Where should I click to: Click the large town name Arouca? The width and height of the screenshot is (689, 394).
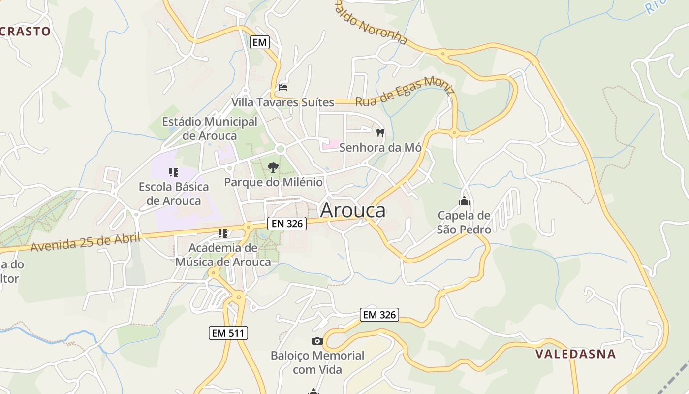coord(353,210)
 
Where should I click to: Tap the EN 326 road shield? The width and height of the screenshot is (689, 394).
coord(287,224)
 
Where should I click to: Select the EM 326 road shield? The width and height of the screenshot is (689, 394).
coord(379,315)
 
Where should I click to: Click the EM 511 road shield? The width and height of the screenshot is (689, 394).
coord(228,333)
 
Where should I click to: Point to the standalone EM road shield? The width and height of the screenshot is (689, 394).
coord(259,42)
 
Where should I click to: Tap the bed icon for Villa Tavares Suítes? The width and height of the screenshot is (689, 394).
coord(283,87)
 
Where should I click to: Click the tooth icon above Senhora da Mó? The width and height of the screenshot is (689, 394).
coord(380,132)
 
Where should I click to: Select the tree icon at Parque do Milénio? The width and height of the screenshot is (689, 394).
coord(273,167)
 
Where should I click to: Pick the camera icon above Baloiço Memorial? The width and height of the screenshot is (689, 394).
coord(317,341)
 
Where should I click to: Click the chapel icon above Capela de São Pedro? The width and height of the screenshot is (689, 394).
coord(464,201)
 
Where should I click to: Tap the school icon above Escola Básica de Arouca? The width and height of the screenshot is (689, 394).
coord(173,172)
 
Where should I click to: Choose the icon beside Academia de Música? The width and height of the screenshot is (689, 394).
coord(223,233)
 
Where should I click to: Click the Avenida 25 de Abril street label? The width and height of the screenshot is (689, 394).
coord(86,242)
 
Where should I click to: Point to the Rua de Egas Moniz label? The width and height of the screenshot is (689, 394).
coord(405,92)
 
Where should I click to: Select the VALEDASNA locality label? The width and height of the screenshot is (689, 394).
coord(575,354)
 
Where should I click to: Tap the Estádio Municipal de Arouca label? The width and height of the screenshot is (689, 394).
coord(210,128)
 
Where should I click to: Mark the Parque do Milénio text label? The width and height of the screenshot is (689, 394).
coord(274,182)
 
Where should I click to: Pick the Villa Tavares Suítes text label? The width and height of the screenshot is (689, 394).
coord(283,102)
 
